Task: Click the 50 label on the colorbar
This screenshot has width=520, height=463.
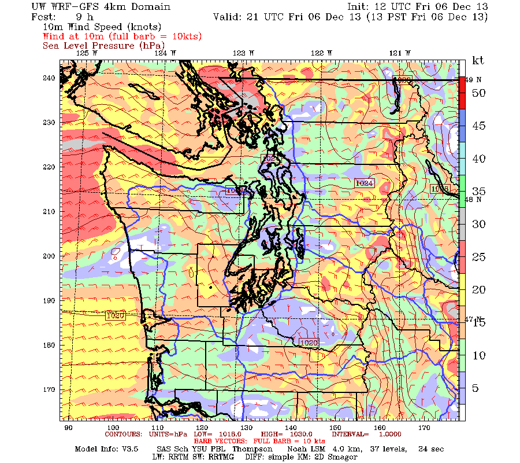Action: [x=478, y=93]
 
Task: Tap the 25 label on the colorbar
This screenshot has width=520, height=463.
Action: [x=478, y=257]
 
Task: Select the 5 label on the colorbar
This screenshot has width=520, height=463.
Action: [x=476, y=388]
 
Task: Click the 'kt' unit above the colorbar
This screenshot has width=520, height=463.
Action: [x=478, y=60]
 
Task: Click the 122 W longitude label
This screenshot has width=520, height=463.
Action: [x=321, y=53]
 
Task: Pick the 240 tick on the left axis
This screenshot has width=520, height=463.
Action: [x=49, y=78]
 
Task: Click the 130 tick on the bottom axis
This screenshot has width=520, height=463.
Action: [x=247, y=428]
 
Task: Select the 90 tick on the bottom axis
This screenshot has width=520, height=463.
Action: [x=68, y=428]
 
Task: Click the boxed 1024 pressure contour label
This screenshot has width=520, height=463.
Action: [x=364, y=183]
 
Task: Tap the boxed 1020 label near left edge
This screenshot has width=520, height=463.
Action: [x=116, y=316]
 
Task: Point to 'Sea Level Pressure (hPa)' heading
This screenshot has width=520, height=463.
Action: [x=103, y=45]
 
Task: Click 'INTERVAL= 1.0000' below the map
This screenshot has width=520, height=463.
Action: [x=364, y=434]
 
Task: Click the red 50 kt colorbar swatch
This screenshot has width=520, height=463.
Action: [x=462, y=93]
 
